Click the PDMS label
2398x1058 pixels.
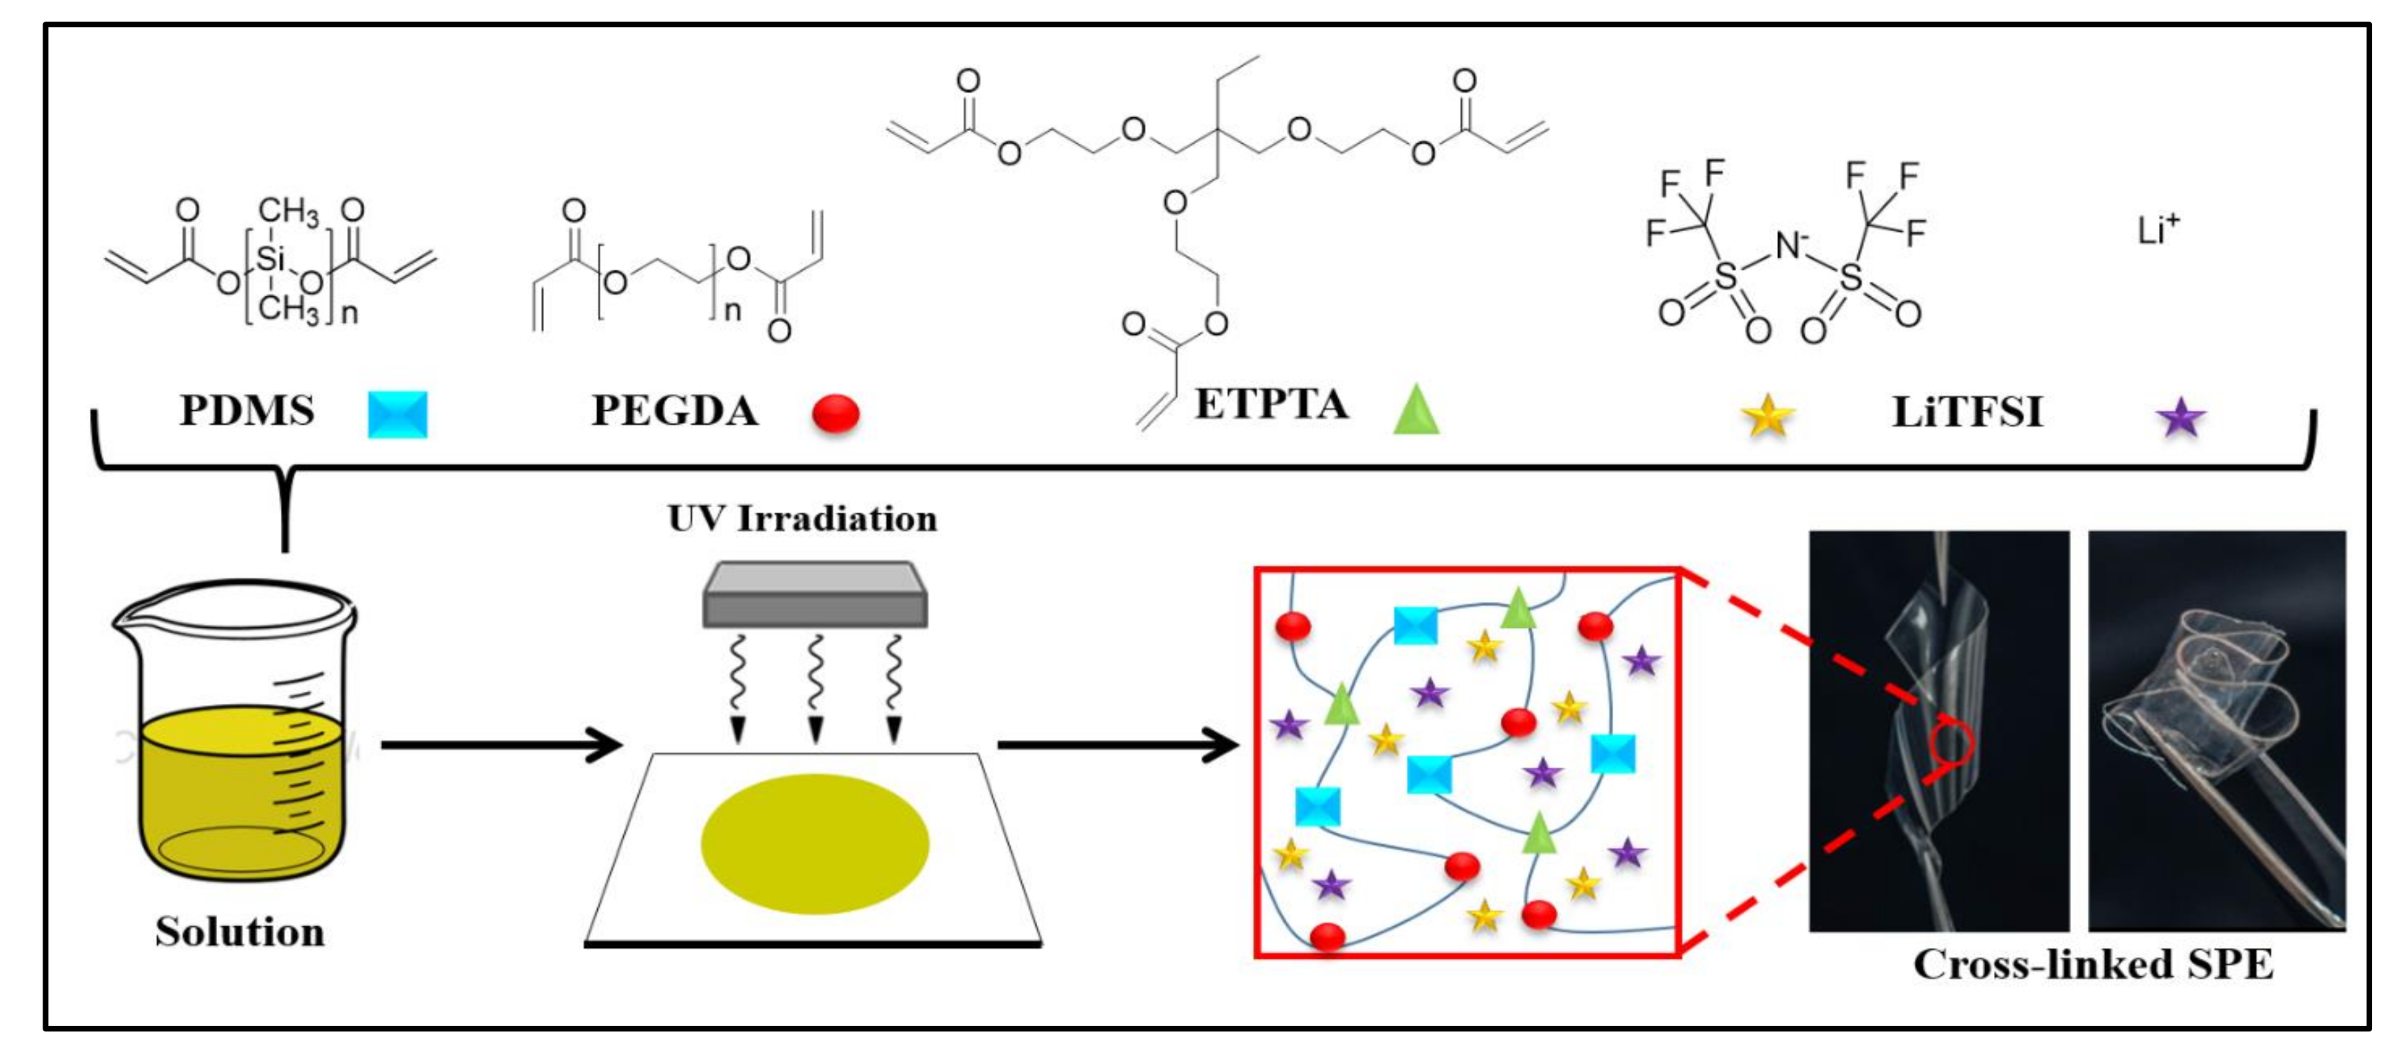247,411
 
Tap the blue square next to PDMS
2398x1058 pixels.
397,414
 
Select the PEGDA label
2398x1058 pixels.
675,411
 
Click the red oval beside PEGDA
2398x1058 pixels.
835,413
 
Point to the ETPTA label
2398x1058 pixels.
1271,404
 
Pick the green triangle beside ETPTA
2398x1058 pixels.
1416,411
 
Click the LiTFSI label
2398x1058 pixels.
1967,411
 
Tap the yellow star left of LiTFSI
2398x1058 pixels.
1767,416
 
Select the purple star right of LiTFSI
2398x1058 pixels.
2180,418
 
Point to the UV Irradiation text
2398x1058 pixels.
802,519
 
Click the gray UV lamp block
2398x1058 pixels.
815,595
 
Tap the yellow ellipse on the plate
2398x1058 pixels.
815,843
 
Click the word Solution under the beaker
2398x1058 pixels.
240,932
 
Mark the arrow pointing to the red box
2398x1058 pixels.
1117,745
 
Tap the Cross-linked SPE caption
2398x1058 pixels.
2092,965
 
